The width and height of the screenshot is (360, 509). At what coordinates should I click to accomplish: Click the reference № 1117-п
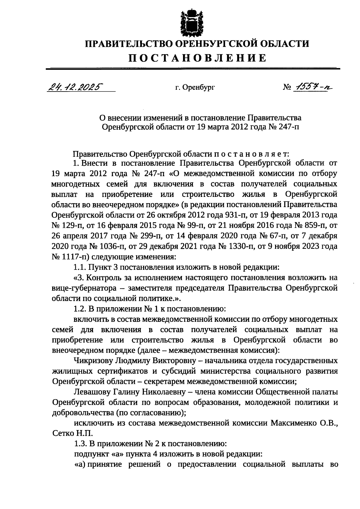(68, 257)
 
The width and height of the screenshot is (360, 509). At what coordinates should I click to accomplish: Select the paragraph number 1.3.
(80, 444)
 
